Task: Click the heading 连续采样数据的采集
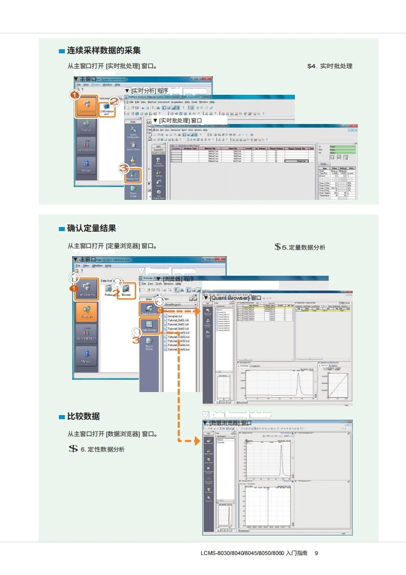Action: tap(104, 50)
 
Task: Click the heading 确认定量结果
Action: tap(92, 228)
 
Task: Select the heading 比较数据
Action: tap(83, 416)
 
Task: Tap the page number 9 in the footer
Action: tap(316, 553)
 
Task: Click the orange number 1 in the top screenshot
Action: tap(75, 95)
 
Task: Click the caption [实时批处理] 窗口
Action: tap(173, 120)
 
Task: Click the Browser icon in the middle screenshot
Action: tap(126, 291)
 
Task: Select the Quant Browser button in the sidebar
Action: tap(149, 309)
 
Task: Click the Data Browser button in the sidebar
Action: tap(149, 326)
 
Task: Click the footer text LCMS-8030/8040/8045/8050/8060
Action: tap(242, 553)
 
